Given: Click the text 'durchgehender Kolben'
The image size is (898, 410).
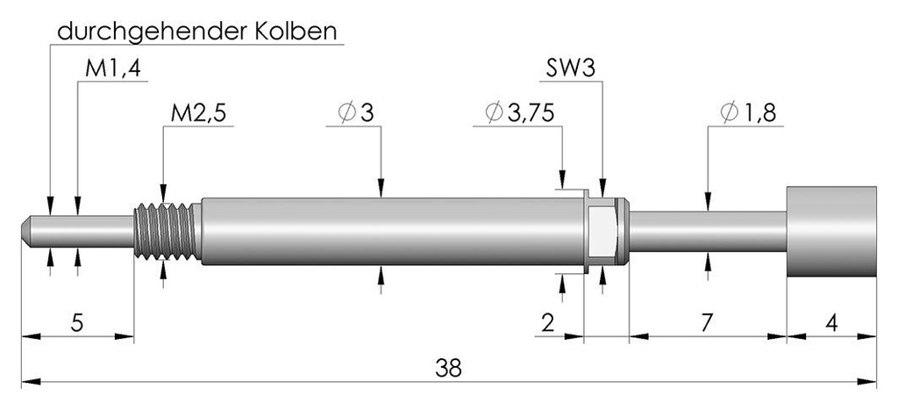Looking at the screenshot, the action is pos(197,32).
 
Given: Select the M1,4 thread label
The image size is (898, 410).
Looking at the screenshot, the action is pos(113,68).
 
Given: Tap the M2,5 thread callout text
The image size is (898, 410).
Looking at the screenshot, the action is pos(199,113).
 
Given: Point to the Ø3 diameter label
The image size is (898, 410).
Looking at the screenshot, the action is pos(356,113).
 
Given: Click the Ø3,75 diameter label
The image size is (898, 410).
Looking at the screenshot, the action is pos(519,113).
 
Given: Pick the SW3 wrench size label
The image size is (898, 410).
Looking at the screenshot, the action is pos(568,68).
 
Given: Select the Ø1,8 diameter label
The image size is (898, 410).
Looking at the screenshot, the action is pos(749,113).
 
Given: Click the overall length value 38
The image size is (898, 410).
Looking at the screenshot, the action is pos(448,368).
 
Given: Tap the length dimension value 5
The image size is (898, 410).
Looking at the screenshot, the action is pos(77,323).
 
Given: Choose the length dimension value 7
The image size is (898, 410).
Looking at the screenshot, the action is pos(707,323).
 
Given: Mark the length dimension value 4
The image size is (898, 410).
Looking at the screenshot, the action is pos(832,323).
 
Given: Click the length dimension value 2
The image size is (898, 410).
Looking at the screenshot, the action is pos(547,323).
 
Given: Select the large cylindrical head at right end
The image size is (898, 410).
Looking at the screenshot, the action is pos(831,232).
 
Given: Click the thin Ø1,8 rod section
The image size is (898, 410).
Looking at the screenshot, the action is pos(708,232).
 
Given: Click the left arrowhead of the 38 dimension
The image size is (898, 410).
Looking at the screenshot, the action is pos(31,381).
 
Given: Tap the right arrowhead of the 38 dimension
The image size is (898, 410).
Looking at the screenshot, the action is pos(867,381).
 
